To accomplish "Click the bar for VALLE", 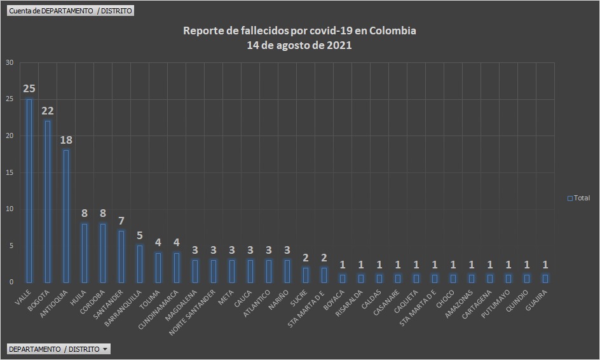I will click(29, 191).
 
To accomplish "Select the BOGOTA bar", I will click(47, 202).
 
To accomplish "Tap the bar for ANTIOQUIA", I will click(66, 216).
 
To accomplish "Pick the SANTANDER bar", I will click(121, 256).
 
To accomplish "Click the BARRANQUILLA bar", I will click(139, 263).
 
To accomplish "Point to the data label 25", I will click(29, 88).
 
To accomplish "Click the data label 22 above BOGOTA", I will click(47, 111).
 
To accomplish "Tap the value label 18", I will click(66, 140).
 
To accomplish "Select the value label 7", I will click(121, 221).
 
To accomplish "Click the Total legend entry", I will click(579, 198).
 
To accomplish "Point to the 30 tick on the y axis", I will click(9, 62).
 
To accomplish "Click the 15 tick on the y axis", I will click(9, 172).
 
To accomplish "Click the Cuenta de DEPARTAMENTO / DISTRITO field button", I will click(70, 11).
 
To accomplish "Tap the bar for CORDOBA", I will click(102, 253).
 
